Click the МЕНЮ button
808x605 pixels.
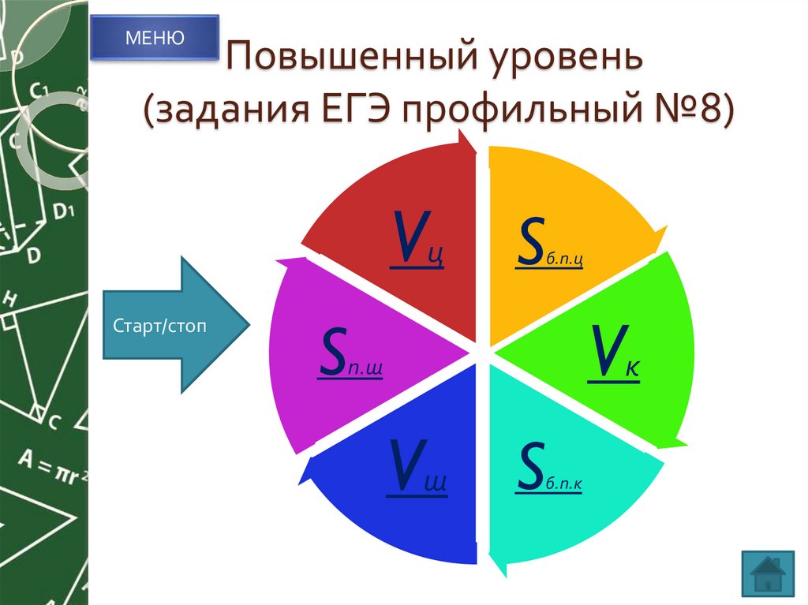click(154, 37)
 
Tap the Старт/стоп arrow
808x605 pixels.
click(176, 325)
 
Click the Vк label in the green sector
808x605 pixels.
click(612, 357)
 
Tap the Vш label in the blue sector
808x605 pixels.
click(417, 472)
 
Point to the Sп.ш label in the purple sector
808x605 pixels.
click(350, 357)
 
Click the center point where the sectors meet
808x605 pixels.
click(482, 353)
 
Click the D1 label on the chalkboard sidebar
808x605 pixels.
click(63, 211)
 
